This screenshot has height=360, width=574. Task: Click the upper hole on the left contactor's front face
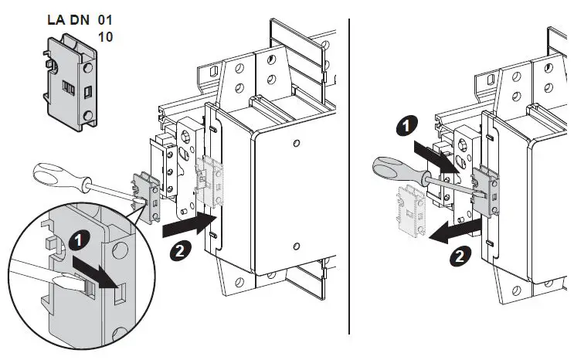tap(297, 144)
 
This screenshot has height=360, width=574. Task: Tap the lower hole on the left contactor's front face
tap(297, 248)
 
